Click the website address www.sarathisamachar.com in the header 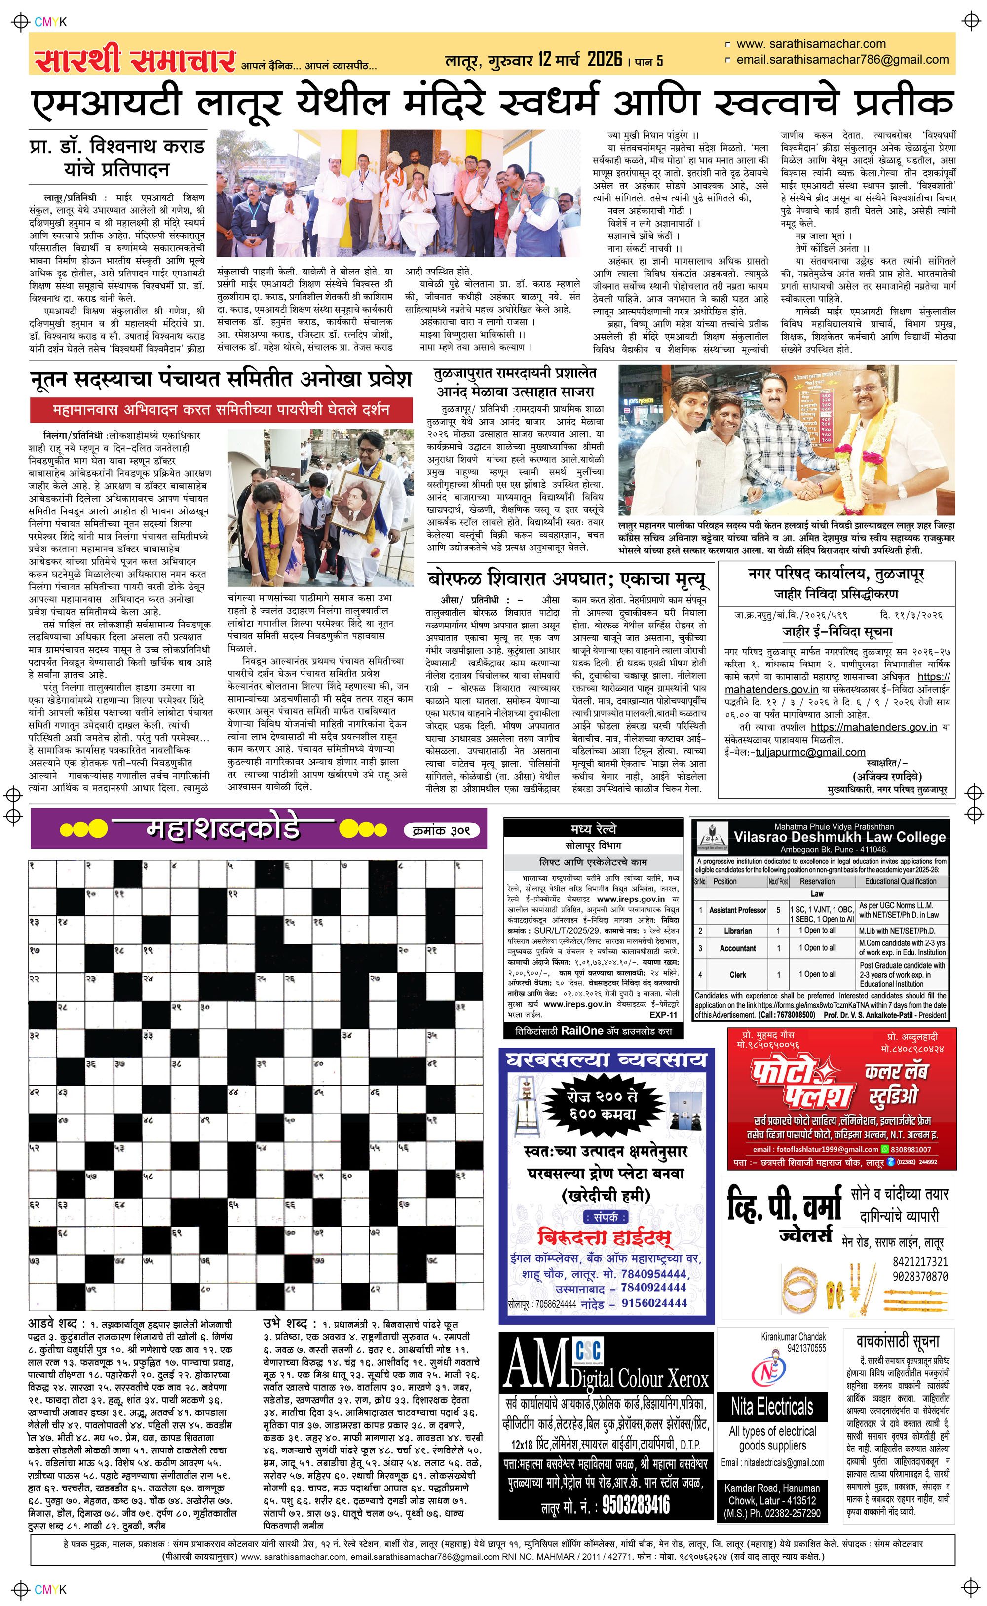coord(811,44)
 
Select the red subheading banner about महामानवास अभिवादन coord(221,410)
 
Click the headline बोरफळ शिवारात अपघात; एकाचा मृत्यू coord(567,579)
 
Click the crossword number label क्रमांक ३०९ coord(441,830)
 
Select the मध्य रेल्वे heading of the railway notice coord(593,829)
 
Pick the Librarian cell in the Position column coord(738,930)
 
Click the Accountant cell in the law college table coord(738,948)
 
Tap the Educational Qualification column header coord(900,881)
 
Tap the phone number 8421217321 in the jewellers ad coord(920,1261)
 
